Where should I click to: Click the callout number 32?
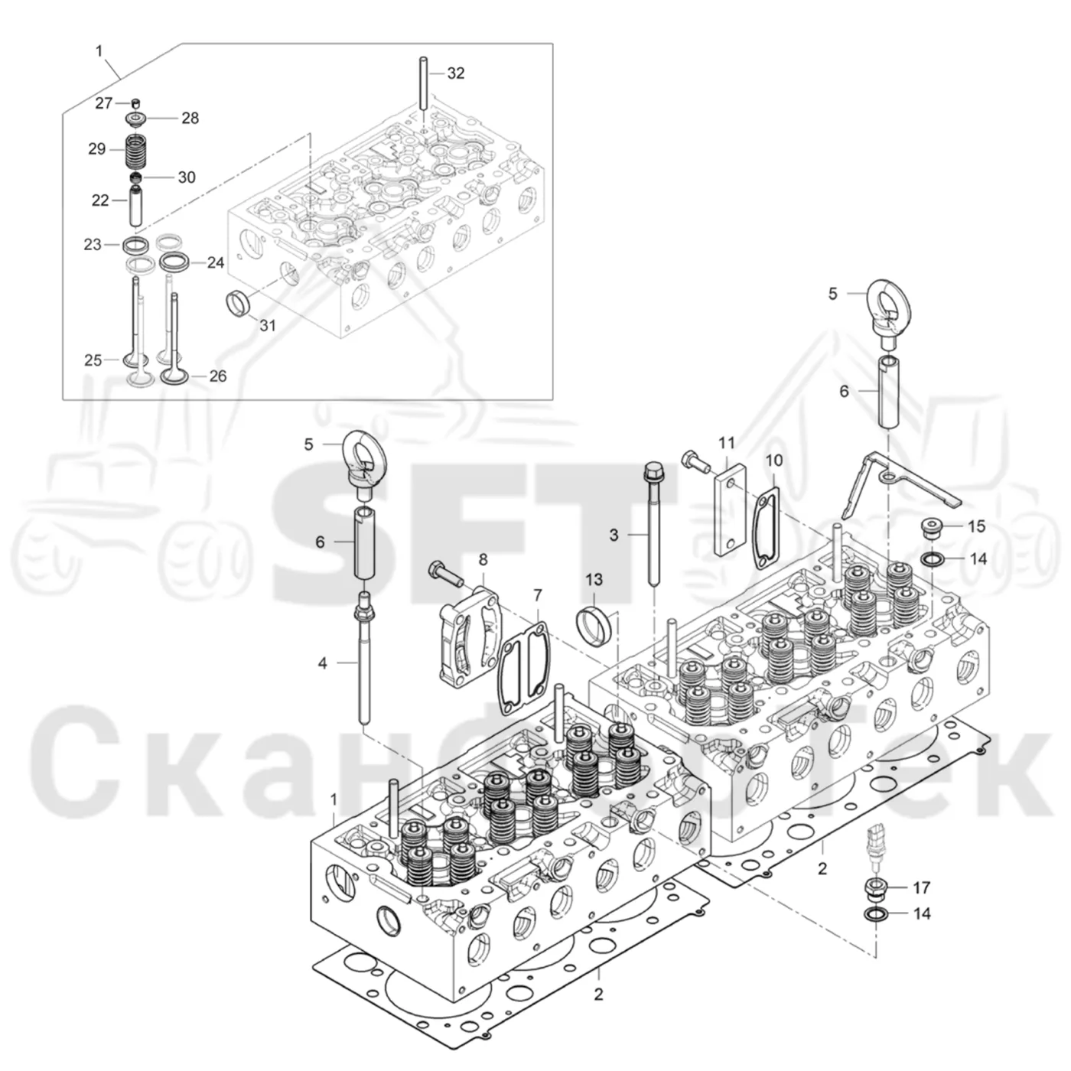click(x=456, y=73)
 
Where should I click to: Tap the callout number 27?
click(x=104, y=103)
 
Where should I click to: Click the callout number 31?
click(x=268, y=325)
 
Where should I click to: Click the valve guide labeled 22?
click(x=136, y=206)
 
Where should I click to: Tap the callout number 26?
click(x=218, y=376)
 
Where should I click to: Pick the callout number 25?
click(x=93, y=360)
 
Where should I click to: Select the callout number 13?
click(x=594, y=580)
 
